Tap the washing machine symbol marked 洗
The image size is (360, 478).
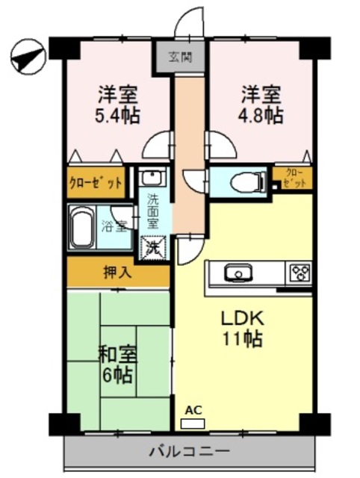(155, 246)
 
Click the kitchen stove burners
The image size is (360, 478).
(300, 271)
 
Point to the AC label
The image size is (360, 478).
(193, 409)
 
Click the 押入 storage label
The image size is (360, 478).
(117, 273)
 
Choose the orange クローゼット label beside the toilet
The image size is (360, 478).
(292, 179)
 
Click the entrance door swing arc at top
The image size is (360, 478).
(190, 21)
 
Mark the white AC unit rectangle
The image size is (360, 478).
(192, 423)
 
